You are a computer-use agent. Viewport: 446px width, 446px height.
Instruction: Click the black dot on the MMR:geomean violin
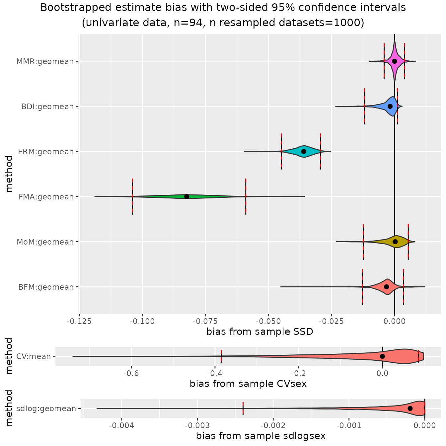(x=394, y=61)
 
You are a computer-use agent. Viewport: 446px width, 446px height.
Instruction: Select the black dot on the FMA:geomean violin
(x=186, y=196)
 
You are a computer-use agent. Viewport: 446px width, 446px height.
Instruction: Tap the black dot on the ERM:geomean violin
(x=304, y=151)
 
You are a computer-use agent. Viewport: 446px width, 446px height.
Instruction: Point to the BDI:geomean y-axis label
(x=47, y=107)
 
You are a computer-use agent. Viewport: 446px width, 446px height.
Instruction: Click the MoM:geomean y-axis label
(x=45, y=242)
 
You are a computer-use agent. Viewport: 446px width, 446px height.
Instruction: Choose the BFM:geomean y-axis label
(x=46, y=287)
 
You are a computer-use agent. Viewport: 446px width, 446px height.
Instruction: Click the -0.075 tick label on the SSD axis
(x=205, y=321)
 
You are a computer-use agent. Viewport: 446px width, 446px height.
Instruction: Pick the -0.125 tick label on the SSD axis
(x=79, y=321)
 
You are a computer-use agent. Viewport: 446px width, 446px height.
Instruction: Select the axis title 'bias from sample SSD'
(x=260, y=332)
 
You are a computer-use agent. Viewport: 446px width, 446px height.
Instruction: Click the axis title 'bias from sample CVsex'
(x=248, y=384)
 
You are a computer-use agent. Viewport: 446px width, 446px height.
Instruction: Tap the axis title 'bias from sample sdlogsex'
(x=260, y=436)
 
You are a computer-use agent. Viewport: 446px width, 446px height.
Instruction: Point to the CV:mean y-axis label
(x=34, y=356)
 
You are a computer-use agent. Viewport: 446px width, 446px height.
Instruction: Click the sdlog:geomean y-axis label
(x=46, y=409)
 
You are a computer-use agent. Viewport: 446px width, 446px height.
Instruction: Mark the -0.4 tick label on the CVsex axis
(x=215, y=373)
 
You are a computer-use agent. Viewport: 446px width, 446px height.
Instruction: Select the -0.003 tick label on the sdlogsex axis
(x=197, y=425)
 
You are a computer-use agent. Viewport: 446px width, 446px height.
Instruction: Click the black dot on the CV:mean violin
(x=382, y=356)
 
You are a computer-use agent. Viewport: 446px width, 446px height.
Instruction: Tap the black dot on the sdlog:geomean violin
(x=410, y=408)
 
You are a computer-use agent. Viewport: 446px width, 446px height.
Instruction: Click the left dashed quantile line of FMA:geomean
(x=132, y=196)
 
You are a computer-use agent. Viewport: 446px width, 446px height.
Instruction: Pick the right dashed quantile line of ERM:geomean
(x=320, y=151)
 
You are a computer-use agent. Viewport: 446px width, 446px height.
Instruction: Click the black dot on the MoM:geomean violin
(x=395, y=242)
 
